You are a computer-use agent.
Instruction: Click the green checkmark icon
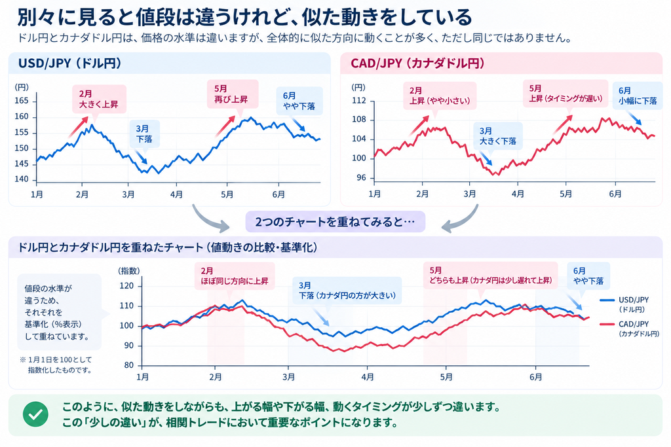click(x=35, y=414)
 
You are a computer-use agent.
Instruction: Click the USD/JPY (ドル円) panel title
click(x=69, y=63)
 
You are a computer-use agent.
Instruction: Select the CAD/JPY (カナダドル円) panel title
click(x=417, y=63)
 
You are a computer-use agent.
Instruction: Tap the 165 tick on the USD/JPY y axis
click(x=22, y=101)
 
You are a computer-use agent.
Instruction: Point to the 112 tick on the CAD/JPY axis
click(x=359, y=101)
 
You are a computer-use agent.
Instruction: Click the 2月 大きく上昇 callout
click(x=99, y=99)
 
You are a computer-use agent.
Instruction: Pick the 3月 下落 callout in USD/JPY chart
click(x=145, y=134)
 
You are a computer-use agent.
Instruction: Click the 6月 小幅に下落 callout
click(x=638, y=96)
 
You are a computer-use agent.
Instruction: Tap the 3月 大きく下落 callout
click(x=498, y=136)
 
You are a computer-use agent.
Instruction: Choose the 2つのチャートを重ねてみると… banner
click(x=335, y=222)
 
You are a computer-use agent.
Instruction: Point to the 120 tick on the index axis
click(x=126, y=286)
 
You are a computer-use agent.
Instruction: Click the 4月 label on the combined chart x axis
click(x=368, y=377)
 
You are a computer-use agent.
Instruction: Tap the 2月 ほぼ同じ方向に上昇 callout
click(x=235, y=276)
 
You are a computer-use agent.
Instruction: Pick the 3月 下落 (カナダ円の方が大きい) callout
click(x=347, y=291)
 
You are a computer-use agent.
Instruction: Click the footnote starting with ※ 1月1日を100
click(x=56, y=365)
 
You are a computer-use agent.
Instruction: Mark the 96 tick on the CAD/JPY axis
click(x=361, y=178)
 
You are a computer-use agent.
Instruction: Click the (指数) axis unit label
click(x=129, y=271)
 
